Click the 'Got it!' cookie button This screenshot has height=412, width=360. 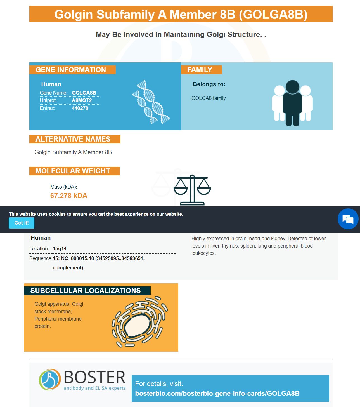[22, 223]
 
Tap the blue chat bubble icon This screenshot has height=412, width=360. [348, 219]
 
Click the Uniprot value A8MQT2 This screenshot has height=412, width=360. [82, 100]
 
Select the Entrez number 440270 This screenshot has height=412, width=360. [80, 108]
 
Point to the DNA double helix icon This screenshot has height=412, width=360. [151, 102]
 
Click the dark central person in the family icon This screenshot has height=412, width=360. [292, 103]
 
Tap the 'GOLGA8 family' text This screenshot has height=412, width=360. [209, 98]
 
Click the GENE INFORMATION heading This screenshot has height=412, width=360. [71, 70]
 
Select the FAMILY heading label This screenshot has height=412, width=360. [200, 70]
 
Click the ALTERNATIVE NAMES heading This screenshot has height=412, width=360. [73, 139]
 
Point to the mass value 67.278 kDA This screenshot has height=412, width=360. [69, 196]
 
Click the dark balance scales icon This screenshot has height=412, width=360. [192, 190]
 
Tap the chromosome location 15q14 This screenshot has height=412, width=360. [60, 248]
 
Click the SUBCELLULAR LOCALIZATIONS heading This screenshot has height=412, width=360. [85, 291]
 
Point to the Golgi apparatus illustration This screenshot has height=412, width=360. [140, 322]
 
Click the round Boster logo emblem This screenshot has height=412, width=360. [50, 379]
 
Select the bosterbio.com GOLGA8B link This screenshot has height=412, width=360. [217, 393]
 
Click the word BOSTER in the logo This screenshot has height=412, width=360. [94, 377]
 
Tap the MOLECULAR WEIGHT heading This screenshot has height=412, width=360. [73, 171]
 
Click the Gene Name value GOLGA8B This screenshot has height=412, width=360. [84, 93]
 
